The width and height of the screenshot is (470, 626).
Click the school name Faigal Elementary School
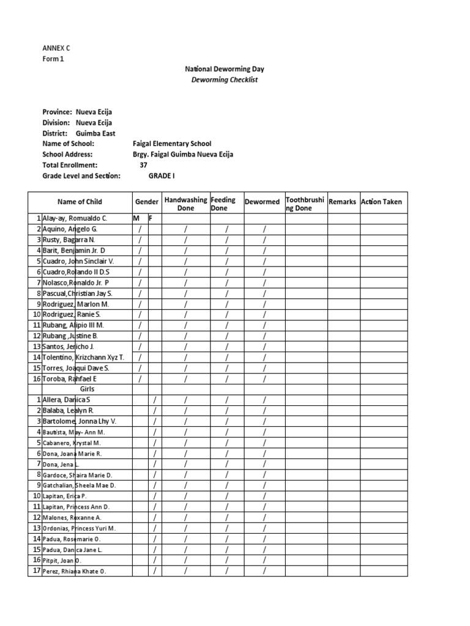click(172, 144)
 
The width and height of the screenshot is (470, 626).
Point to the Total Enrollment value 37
click(143, 165)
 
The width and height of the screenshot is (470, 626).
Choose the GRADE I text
click(162, 175)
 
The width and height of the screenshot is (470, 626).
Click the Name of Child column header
click(80, 202)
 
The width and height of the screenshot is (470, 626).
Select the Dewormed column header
click(262, 202)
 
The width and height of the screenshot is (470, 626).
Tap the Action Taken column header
click(382, 202)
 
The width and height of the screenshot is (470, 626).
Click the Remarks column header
click(342, 202)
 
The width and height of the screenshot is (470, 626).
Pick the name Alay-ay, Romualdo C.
click(75, 218)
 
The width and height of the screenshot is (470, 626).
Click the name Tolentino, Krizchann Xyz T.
click(83, 357)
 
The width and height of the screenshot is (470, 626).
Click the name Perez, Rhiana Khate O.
click(74, 572)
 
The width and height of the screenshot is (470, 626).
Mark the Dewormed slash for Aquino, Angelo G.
click(264, 229)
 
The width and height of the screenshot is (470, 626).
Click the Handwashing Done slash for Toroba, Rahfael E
click(185, 378)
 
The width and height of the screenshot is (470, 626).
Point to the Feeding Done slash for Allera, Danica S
click(226, 400)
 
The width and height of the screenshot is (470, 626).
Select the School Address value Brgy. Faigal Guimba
click(182, 155)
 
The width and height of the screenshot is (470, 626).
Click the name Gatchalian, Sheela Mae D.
click(79, 485)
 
